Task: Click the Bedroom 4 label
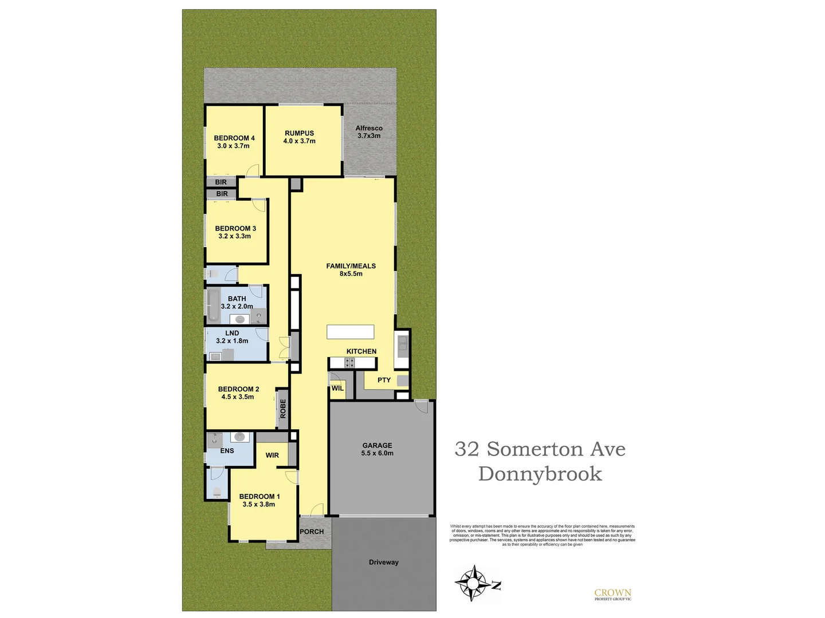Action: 234,142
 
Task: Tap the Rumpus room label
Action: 299,137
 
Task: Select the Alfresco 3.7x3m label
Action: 369,132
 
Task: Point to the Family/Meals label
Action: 351,270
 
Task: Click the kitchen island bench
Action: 350,332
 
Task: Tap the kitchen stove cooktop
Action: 349,362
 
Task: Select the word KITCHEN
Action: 361,351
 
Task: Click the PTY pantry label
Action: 384,380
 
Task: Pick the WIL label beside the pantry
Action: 337,389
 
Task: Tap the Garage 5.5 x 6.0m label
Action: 377,449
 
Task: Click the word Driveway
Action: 383,562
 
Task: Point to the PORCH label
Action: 312,532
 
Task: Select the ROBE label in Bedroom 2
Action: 282,408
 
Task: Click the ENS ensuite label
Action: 227,451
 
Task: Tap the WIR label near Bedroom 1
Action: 272,455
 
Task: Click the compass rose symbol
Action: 473,583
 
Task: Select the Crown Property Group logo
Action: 612,595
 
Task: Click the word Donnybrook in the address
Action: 540,474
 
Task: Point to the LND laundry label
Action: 232,337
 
